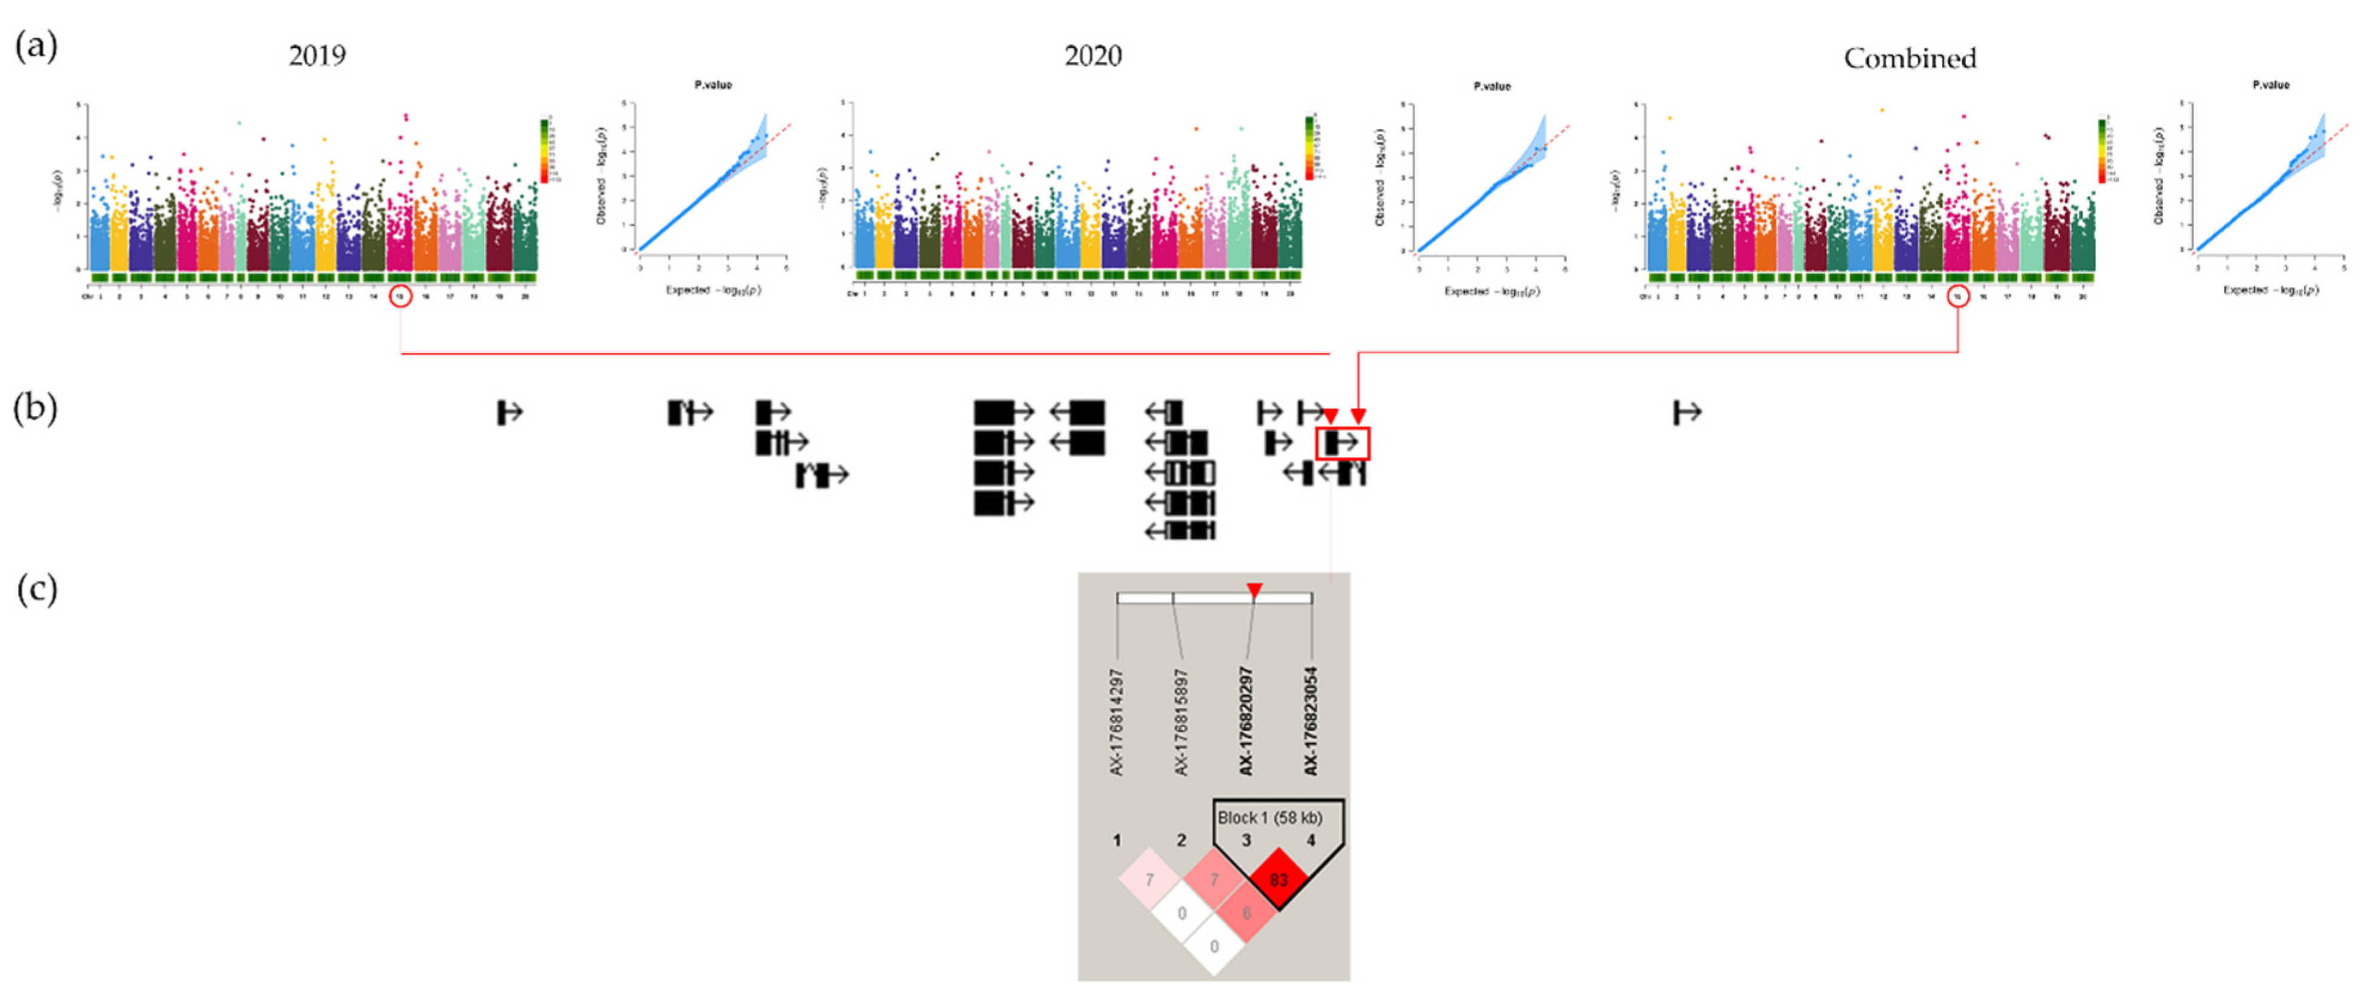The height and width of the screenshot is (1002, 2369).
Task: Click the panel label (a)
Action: tap(37, 45)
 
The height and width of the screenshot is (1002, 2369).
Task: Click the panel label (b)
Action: tap(36, 407)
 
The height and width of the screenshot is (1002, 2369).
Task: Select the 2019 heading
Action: tap(317, 56)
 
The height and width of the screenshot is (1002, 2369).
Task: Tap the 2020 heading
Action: tap(1093, 56)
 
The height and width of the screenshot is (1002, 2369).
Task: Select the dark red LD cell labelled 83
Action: tap(1278, 880)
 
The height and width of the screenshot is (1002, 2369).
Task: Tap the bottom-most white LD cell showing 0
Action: tap(1214, 946)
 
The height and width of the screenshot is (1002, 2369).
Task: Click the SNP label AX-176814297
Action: tap(1116, 721)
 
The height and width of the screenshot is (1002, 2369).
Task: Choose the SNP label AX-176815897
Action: tap(1182, 721)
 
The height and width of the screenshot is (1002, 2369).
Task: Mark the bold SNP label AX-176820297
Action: tap(1246, 721)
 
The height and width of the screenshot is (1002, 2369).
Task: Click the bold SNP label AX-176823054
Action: tap(1311, 721)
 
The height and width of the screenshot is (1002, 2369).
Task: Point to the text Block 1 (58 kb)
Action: tap(1270, 817)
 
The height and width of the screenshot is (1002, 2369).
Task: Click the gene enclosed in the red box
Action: tap(1343, 443)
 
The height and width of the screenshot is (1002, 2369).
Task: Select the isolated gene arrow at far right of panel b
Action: tap(1687, 413)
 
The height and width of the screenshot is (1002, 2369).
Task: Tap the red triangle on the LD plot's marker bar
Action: tap(1254, 589)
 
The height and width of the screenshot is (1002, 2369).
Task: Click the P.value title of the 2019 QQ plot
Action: tap(713, 85)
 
